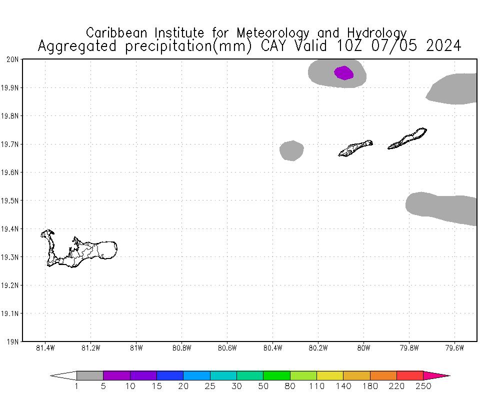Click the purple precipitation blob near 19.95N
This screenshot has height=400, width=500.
coord(343,73)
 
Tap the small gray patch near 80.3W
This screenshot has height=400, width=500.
coord(291,150)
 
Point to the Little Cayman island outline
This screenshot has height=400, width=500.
coord(355,148)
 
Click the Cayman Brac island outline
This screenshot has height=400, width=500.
coord(407,138)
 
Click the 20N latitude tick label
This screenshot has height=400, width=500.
coord(12,59)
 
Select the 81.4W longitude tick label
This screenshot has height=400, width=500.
coord(45,348)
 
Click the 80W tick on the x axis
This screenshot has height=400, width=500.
coord(363,348)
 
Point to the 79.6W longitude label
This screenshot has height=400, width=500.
coord(454,348)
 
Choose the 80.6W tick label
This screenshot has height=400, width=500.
coord(227,348)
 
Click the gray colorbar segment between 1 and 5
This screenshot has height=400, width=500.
coord(90,375)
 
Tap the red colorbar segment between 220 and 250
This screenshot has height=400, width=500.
coord(410,375)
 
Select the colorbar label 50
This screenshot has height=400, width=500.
coord(263,386)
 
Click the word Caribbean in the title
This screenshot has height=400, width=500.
coord(118,33)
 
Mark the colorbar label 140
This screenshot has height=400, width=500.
coord(343,386)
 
